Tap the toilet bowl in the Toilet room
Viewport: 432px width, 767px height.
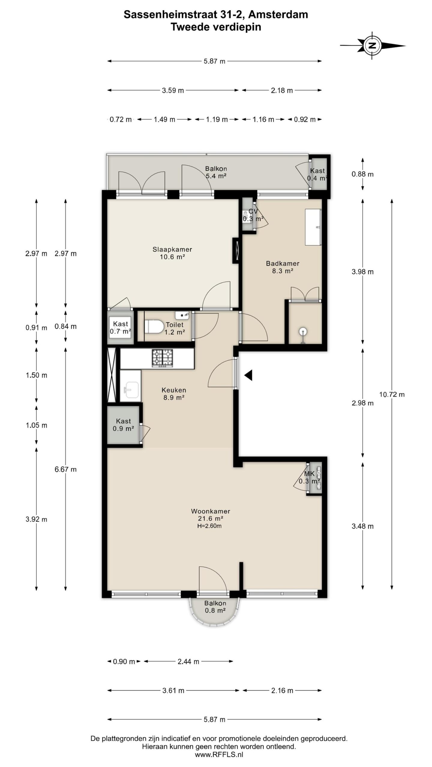[154, 326]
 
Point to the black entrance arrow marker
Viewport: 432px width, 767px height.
[248, 375]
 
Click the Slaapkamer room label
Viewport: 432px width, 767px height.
[172, 249]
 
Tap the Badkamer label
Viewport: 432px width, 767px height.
[283, 264]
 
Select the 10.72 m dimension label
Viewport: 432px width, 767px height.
[392, 395]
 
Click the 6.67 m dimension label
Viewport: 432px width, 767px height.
[65, 469]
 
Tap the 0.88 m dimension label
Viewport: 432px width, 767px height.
[362, 174]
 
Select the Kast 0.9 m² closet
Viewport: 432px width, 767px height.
[123, 425]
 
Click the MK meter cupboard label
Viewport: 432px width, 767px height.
[309, 474]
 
